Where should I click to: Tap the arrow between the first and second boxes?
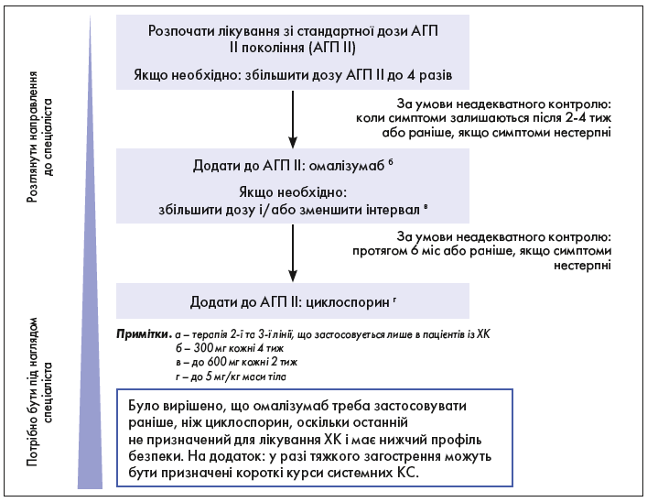point(292,119)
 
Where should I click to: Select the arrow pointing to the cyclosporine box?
point(292,251)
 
